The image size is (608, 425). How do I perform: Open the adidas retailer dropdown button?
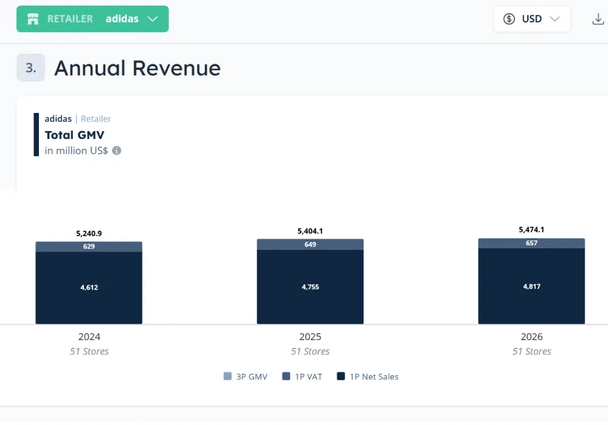[x=92, y=19]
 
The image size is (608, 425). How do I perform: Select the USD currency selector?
[x=531, y=19]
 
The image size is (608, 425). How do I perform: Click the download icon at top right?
[x=598, y=19]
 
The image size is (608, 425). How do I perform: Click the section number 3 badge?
[x=30, y=68]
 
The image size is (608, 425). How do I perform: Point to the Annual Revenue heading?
[x=137, y=68]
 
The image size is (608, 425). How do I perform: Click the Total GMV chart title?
[x=75, y=135]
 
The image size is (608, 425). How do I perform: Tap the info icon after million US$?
[x=117, y=151]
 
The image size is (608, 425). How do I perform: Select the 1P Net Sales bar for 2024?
[x=89, y=288]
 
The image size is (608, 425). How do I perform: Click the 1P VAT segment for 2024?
[x=89, y=246]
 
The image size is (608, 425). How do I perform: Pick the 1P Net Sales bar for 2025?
[x=310, y=287]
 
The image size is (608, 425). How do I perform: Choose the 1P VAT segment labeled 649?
[x=310, y=244]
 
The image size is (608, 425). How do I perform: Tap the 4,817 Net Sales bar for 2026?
[x=531, y=287]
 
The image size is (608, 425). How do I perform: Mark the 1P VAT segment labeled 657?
[x=531, y=243]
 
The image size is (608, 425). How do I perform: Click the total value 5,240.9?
[x=89, y=233]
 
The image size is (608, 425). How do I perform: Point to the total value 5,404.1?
[x=310, y=231]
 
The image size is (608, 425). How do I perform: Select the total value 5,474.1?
[x=531, y=229]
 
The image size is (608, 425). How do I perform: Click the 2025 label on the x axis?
[x=310, y=336]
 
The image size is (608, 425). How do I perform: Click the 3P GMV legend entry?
[x=246, y=376]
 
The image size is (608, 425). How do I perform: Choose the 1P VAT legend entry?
[x=302, y=376]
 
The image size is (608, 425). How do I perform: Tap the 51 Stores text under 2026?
[x=531, y=352]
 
